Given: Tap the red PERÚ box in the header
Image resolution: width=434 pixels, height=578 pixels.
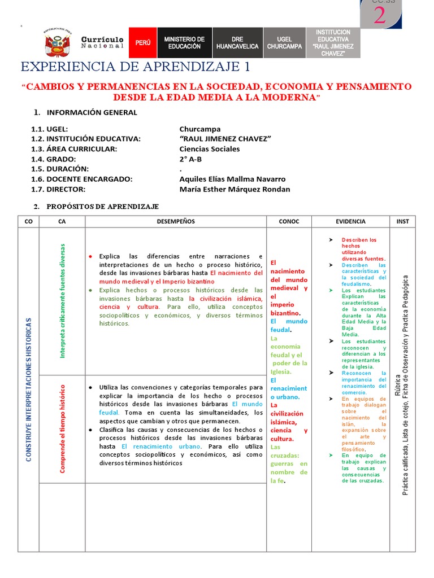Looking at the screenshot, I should [x=142, y=43].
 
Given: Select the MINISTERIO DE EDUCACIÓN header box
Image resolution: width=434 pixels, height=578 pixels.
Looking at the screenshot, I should [x=184, y=43].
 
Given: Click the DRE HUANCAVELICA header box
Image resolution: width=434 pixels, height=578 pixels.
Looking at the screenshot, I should [x=237, y=43].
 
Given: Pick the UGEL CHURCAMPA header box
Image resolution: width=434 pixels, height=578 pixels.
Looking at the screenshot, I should [x=284, y=43].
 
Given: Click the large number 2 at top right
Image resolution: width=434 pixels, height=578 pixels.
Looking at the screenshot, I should [x=380, y=16].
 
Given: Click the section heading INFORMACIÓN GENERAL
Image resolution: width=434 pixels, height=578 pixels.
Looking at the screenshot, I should [x=92, y=112].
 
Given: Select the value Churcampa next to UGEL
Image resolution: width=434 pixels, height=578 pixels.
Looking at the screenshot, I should [x=200, y=129].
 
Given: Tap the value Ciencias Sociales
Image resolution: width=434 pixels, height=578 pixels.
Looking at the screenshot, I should [x=209, y=149].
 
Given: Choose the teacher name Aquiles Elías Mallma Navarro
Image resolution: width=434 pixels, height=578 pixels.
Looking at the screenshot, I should [x=232, y=179].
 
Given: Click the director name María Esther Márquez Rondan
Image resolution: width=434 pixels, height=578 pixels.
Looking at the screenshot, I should [x=235, y=189].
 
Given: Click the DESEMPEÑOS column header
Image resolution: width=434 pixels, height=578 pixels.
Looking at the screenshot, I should [x=175, y=221].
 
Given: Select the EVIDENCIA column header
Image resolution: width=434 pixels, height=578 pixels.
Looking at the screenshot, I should [x=350, y=221].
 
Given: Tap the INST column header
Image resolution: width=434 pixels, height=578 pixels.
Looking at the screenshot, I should [x=402, y=221].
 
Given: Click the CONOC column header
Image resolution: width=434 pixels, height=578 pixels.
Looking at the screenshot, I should [x=289, y=221].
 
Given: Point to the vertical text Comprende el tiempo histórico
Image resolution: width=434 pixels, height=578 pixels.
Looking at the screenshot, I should [x=63, y=429].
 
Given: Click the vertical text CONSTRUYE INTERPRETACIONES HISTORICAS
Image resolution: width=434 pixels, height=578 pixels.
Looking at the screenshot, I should [x=28, y=389].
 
